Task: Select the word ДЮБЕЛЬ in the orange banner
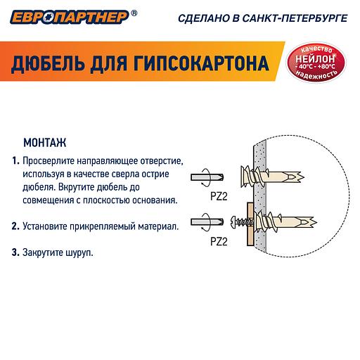49,64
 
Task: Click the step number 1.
15,161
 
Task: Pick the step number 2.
15,226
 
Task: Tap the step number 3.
15,251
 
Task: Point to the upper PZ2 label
219,196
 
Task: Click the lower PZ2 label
219,241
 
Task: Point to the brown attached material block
249,224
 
